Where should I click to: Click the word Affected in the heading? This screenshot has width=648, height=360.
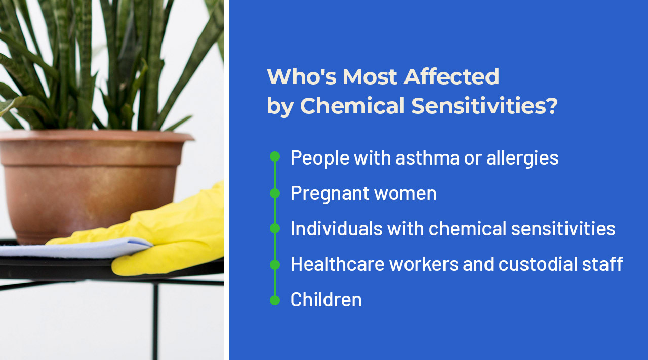click(x=452, y=76)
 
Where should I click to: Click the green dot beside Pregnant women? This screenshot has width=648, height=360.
click(x=275, y=193)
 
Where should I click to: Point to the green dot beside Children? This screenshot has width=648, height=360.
click(x=275, y=300)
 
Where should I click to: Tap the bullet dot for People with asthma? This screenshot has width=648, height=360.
click(x=275, y=156)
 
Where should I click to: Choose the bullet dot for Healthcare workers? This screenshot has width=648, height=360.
click(x=275, y=264)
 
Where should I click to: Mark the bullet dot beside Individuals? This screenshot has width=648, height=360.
click(x=275, y=228)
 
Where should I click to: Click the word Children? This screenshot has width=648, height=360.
click(x=326, y=300)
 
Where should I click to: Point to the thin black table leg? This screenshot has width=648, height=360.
click(x=155, y=319)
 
